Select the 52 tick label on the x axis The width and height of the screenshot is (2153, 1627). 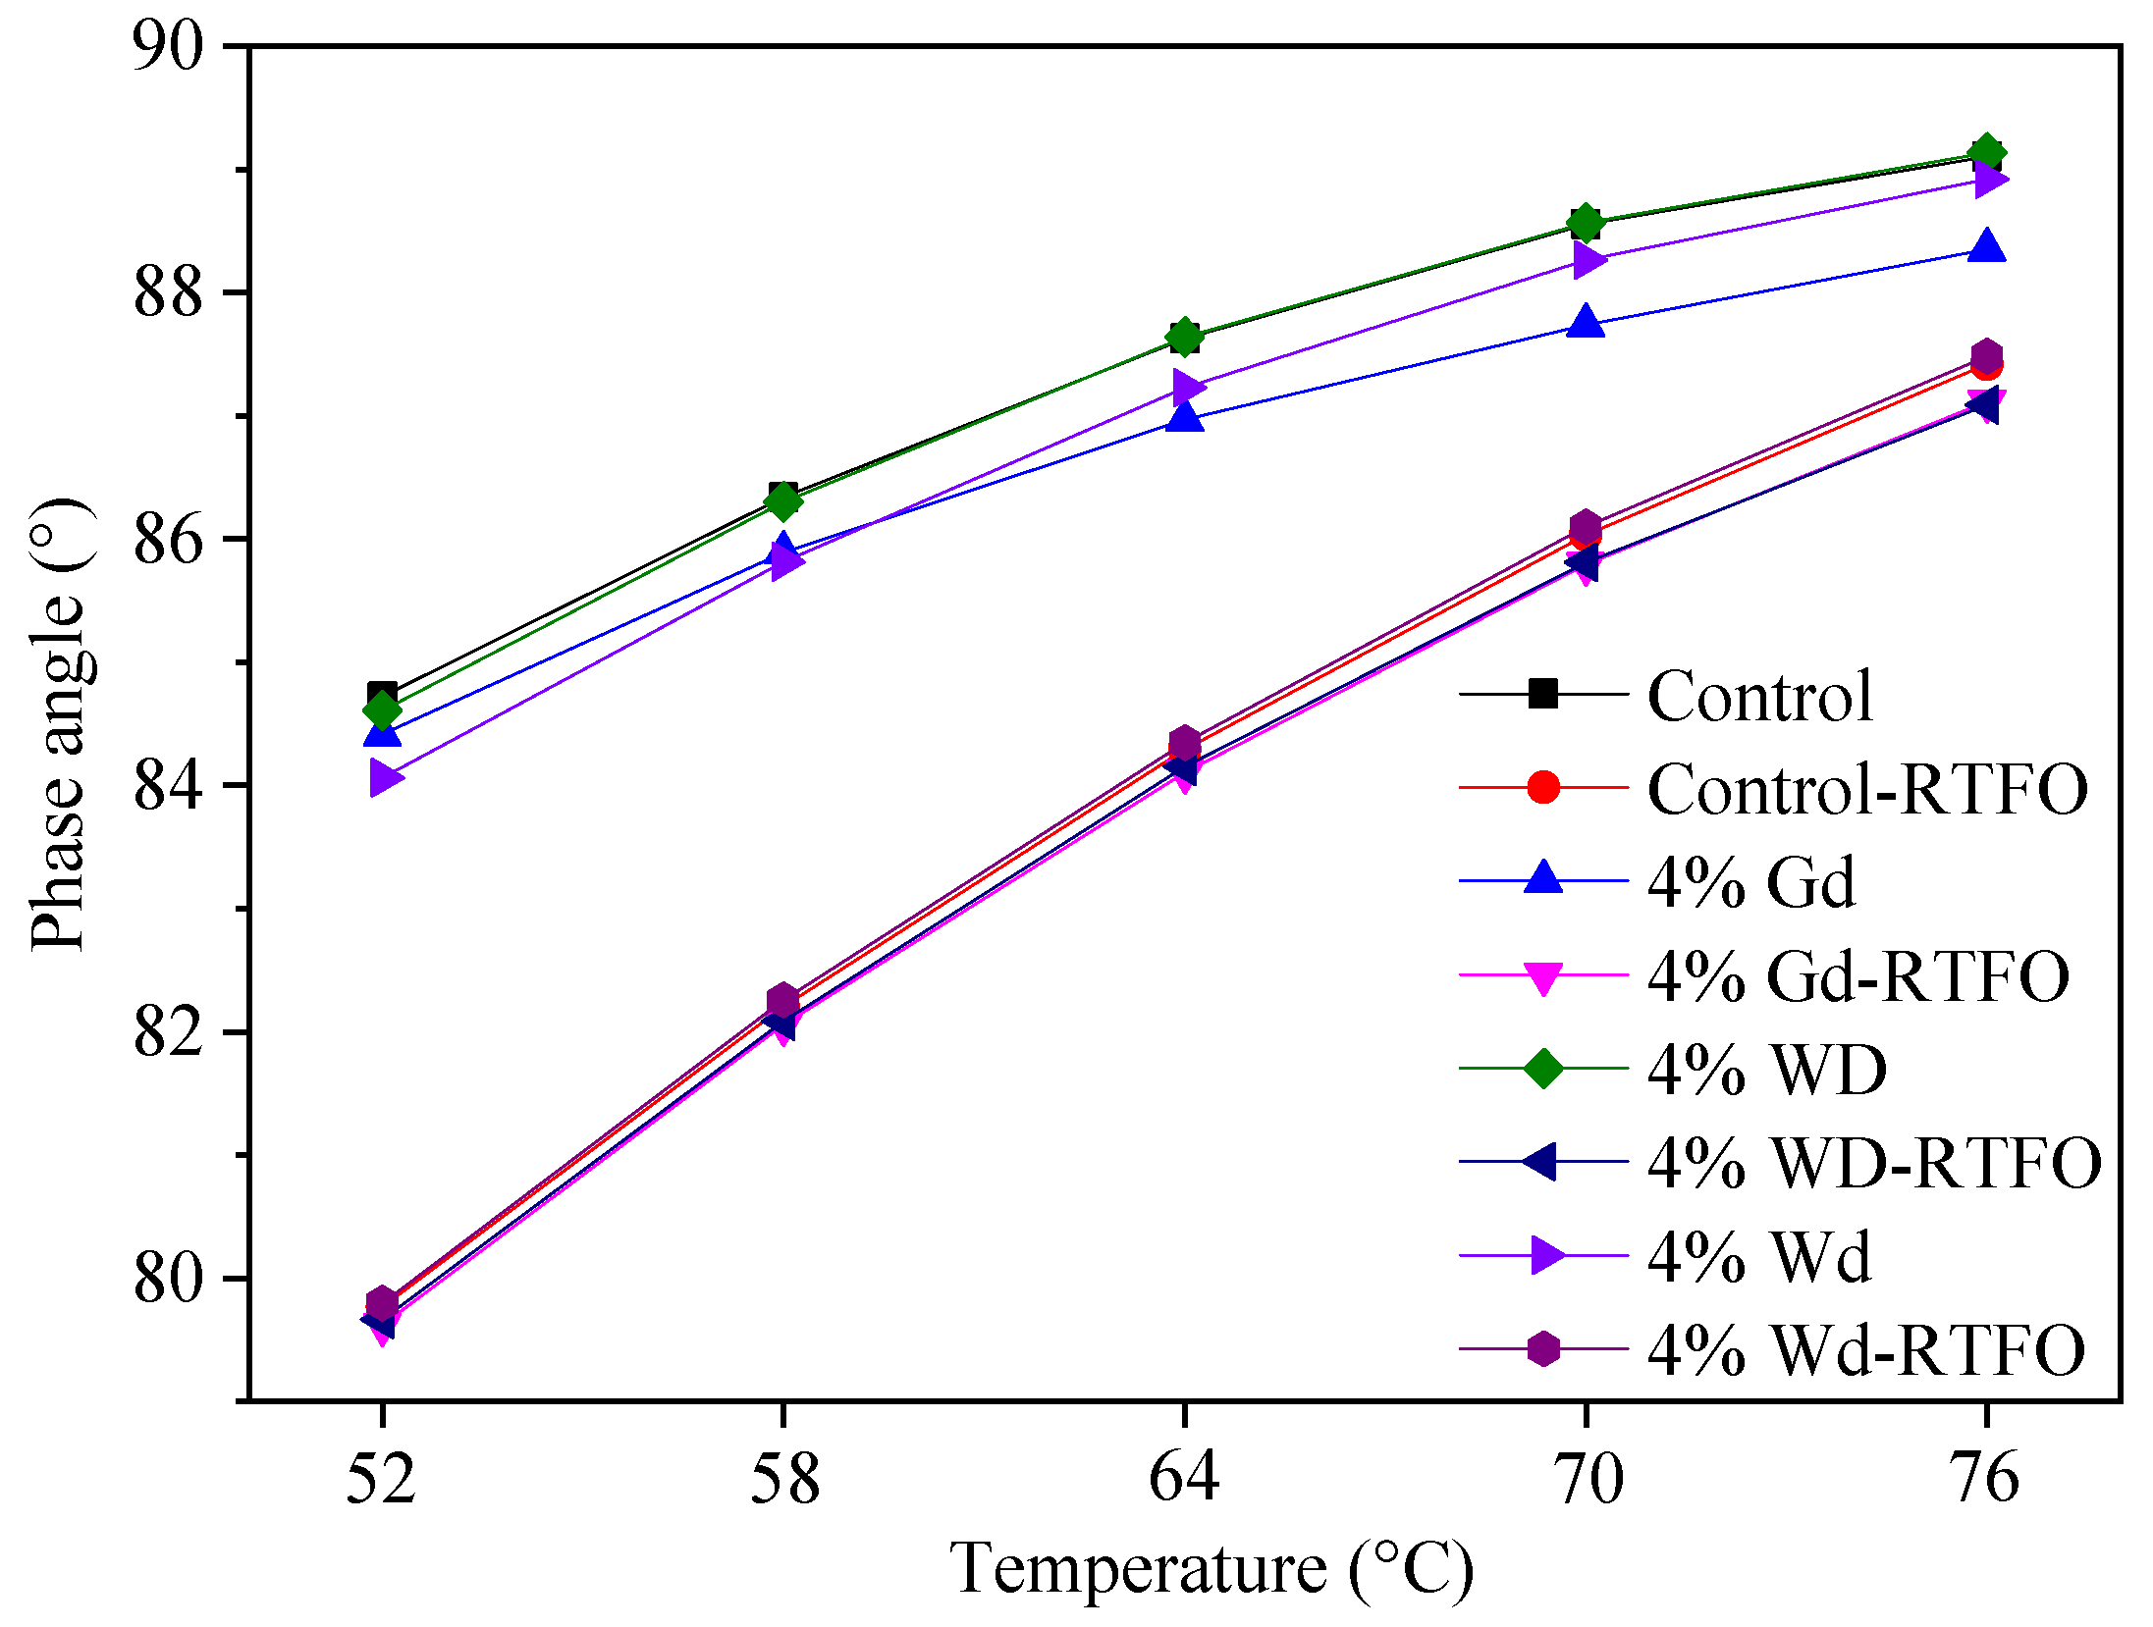[381, 1478]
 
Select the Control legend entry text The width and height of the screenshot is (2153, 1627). [1759, 696]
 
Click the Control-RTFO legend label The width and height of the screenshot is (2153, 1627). [1866, 789]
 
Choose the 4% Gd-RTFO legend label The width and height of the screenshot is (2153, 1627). [1857, 976]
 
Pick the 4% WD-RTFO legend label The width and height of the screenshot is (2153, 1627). [1873, 1163]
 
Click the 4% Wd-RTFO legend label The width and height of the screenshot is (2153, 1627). [1865, 1350]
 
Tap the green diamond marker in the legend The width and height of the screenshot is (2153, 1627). [1542, 1069]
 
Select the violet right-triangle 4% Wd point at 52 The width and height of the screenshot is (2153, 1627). [385, 778]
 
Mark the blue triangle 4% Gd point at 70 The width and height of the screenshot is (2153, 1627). [1585, 322]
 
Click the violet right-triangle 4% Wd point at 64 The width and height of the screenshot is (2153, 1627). [1187, 387]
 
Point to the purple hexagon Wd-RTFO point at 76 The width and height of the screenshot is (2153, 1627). [1986, 354]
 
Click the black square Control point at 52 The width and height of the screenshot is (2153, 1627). [382, 694]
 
